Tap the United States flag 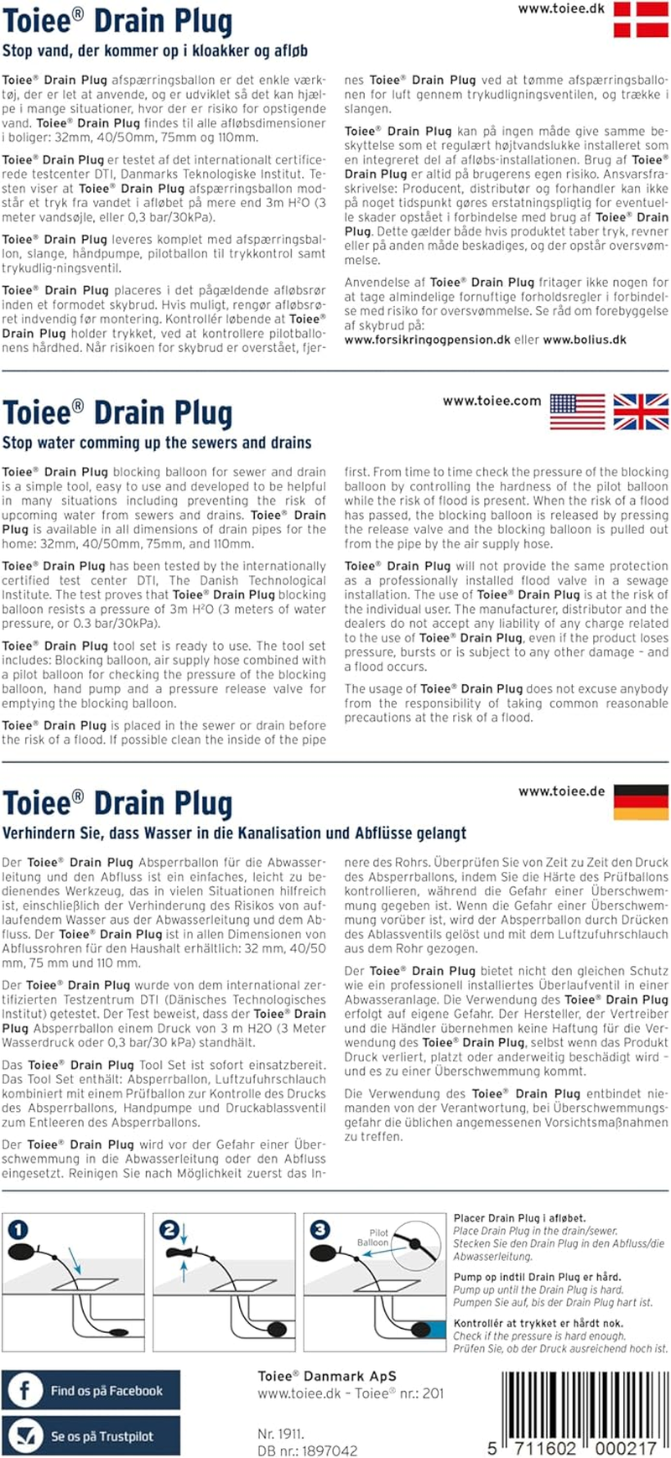[577, 412]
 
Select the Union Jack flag [641, 412]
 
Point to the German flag [641, 802]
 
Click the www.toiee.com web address [492, 401]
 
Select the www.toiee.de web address [561, 791]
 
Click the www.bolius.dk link [585, 340]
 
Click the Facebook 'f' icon [24, 1391]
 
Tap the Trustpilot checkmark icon [24, 1435]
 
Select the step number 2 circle [169, 1230]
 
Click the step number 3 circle [320, 1230]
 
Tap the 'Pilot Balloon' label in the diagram [373, 1237]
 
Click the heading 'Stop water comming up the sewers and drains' [157, 443]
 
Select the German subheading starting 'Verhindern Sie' [234, 833]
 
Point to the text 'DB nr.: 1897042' [307, 1450]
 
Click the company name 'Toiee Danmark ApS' [327, 1376]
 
